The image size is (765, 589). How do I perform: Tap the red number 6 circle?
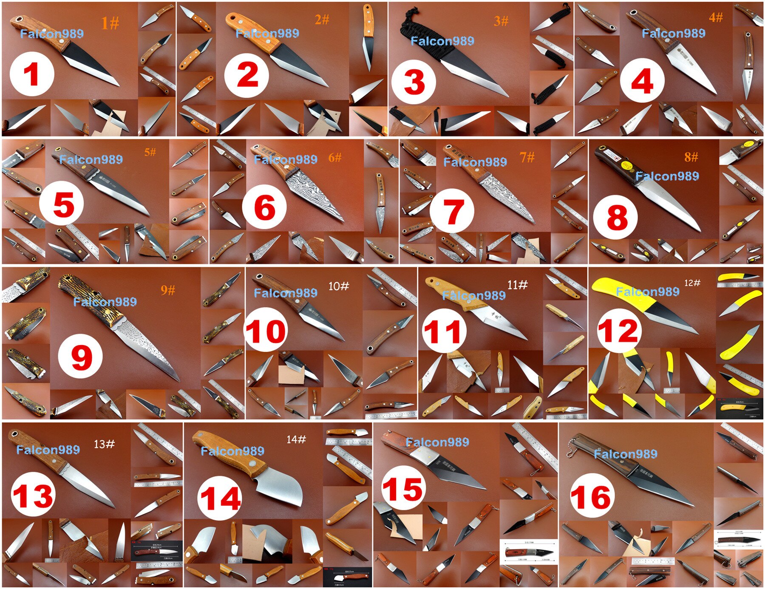264,208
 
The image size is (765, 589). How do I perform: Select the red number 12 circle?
619,331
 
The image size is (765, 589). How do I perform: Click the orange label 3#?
501,21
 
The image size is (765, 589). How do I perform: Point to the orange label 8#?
691,157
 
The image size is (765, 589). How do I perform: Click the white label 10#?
338,286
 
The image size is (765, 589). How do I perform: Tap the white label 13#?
104,444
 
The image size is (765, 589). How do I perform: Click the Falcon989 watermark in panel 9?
105,302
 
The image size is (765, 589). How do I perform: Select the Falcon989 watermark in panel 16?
625,454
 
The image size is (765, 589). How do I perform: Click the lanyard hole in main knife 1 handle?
18,20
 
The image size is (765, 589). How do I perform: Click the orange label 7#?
527,158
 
